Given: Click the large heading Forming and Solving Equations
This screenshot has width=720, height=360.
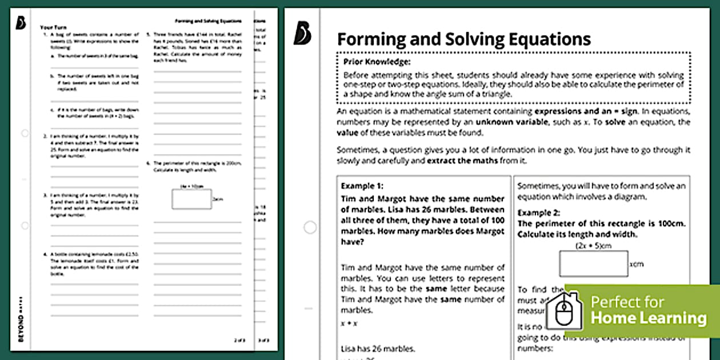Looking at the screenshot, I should coord(463,39).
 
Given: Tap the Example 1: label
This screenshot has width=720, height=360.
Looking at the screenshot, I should coord(362,186).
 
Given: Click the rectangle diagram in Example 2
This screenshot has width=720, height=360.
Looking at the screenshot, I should coord(593,264).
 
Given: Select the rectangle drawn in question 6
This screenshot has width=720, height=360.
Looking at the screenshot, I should coord(191,199).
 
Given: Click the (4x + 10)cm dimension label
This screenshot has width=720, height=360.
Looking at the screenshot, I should coord(192,186).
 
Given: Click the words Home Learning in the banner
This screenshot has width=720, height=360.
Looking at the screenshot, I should coord(648,318).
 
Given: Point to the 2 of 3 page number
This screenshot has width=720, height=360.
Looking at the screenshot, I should coord(239,341).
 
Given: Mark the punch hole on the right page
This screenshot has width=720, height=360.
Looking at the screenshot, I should coord(310,227).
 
